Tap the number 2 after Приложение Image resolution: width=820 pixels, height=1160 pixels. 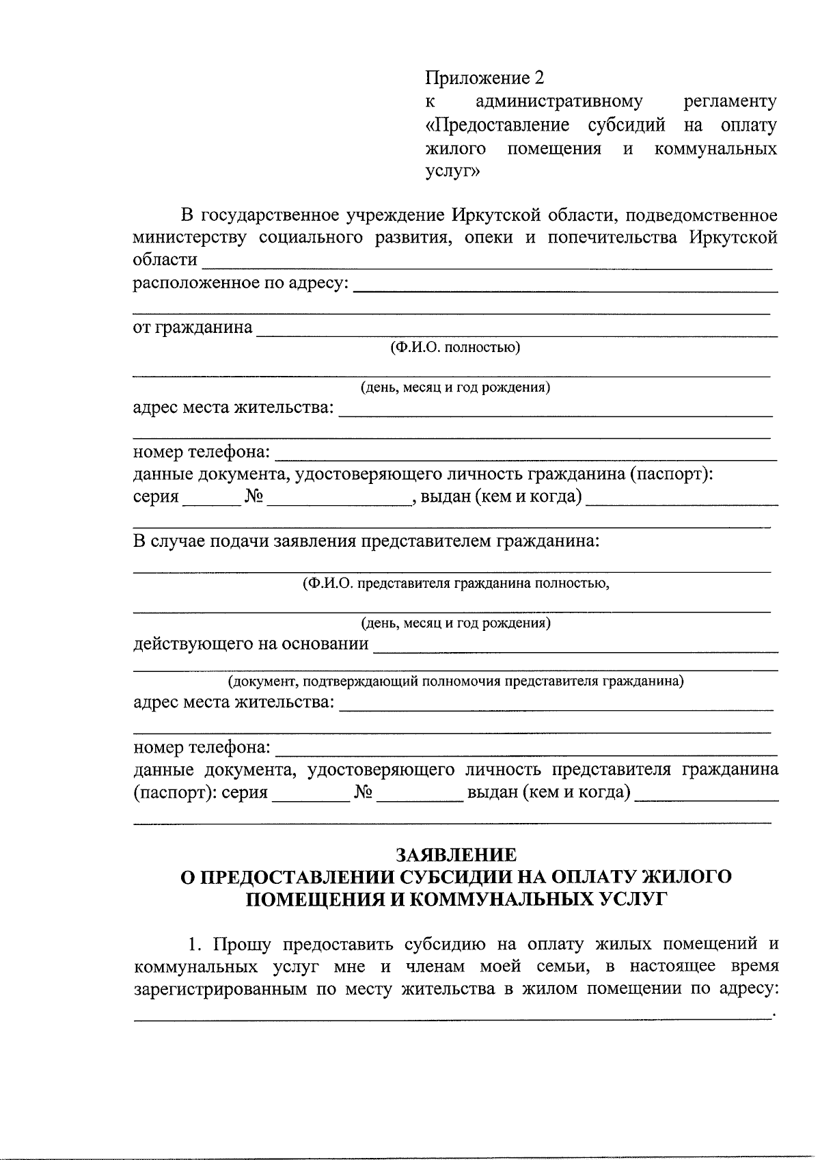click(538, 78)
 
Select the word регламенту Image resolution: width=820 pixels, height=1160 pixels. click(730, 102)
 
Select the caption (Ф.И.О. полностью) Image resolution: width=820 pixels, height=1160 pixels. click(455, 348)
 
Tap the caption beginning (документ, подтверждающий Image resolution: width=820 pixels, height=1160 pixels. click(455, 682)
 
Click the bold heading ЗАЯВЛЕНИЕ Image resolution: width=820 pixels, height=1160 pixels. click(456, 854)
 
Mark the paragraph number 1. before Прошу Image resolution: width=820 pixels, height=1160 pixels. click(196, 946)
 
